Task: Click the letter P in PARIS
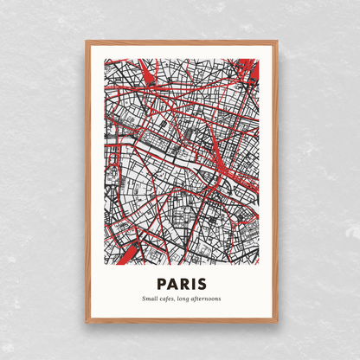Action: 161,283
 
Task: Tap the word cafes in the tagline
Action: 169,299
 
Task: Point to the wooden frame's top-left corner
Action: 87,41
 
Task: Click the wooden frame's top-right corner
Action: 276,41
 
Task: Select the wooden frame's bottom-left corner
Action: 87,321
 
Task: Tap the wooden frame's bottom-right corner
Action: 276,321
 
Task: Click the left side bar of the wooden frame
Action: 87,181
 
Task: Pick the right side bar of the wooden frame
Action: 276,181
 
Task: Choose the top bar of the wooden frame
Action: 181,41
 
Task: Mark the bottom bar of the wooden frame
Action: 181,321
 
